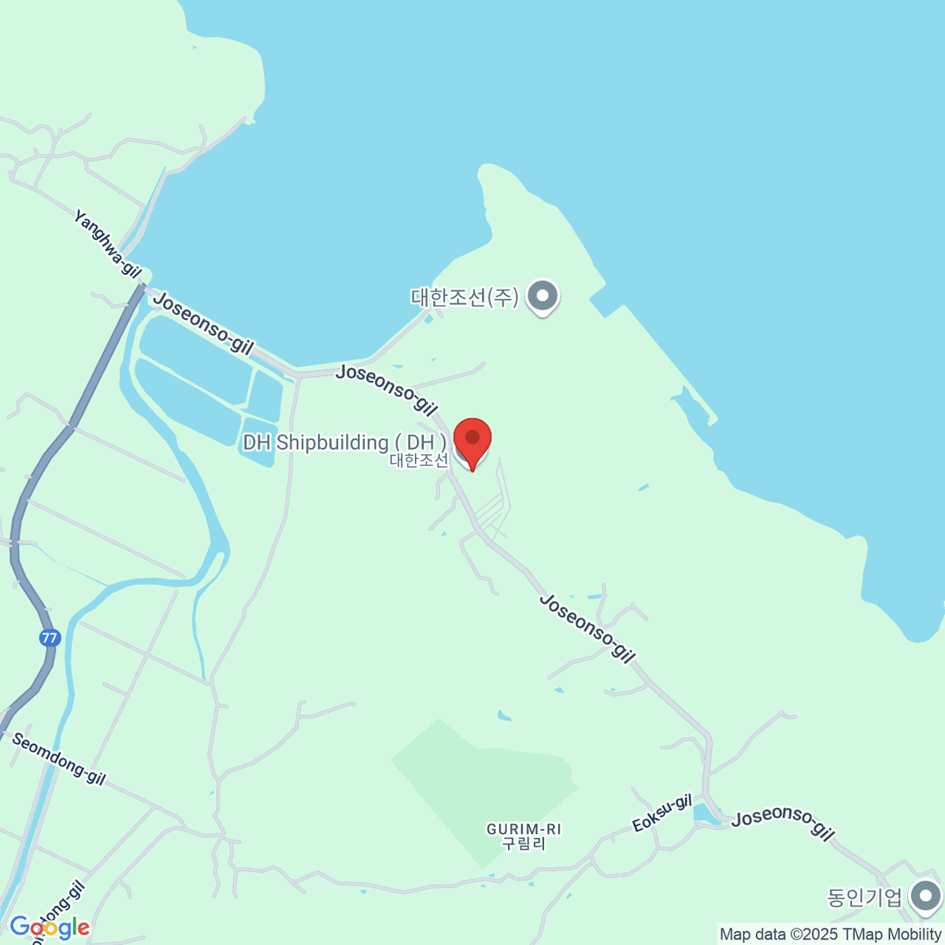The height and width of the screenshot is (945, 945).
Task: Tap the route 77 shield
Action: pos(50,638)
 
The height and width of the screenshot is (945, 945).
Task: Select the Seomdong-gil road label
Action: pos(58,759)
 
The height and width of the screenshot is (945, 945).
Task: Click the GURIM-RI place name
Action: pos(524,829)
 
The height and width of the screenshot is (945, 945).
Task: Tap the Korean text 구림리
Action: pos(524,843)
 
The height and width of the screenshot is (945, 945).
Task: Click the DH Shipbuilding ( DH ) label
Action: pos(344,443)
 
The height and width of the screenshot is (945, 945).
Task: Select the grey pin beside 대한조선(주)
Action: pos(543,298)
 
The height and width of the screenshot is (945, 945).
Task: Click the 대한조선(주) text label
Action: pos(465,298)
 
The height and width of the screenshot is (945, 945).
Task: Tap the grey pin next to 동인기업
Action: pos(925,897)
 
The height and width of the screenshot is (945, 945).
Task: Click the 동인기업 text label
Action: pos(864,898)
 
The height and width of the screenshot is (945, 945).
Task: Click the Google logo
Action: pos(49,928)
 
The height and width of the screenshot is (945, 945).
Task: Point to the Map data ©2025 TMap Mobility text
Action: pos(831,935)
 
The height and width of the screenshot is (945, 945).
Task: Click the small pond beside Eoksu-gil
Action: pos(706,814)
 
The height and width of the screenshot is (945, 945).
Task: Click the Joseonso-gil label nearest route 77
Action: pos(205,323)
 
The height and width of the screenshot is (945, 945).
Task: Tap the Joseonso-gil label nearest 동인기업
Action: pos(783,823)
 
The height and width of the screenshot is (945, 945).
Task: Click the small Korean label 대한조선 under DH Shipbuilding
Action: pos(418,461)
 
